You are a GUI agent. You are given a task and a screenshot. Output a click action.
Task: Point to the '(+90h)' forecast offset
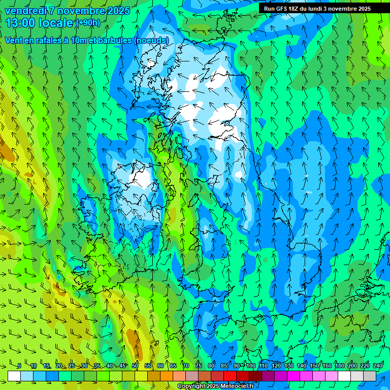pyautogui.click(x=88, y=22)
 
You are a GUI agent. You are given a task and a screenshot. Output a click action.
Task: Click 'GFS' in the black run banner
pyautogui.click(x=282, y=9)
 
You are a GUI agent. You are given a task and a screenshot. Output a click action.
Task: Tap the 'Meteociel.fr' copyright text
pyautogui.click(x=234, y=386)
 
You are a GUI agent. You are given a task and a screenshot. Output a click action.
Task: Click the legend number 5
pyautogui.click(x=19, y=366)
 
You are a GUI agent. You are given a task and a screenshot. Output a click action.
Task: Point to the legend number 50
pyautogui.click(x=135, y=366)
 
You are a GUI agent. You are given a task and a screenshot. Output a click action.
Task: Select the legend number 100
pyautogui.click(x=251, y=366)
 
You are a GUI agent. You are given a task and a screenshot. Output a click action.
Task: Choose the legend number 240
pyautogui.click(x=378, y=366)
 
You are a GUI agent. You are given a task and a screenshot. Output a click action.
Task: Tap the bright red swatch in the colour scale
pyautogui.click(x=230, y=376)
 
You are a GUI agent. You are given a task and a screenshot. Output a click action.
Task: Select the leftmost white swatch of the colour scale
pyautogui.click(x=14, y=376)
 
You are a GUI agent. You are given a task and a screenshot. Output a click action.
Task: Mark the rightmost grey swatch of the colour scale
pyautogui.click(x=370, y=376)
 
